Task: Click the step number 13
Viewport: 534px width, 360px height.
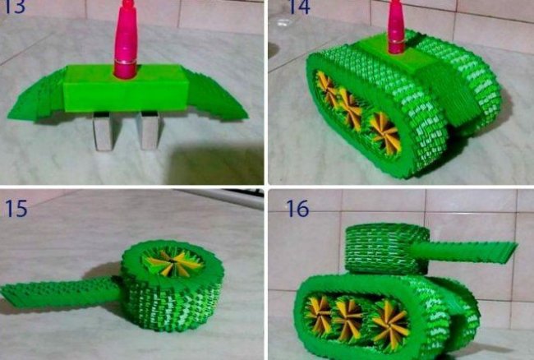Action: (x=15, y=6)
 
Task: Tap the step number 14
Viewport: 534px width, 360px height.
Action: (x=299, y=7)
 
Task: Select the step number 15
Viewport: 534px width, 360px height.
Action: (x=16, y=209)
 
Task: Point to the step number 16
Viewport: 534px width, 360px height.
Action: (x=297, y=209)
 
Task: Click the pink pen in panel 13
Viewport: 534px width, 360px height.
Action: (x=126, y=39)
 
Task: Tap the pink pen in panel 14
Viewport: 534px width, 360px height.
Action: (x=396, y=26)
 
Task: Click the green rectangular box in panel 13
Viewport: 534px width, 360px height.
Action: (x=126, y=89)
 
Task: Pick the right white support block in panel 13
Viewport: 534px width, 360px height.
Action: (x=149, y=131)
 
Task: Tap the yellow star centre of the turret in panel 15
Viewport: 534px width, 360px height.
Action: (x=174, y=262)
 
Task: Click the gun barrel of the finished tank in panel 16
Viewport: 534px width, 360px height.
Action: (x=464, y=252)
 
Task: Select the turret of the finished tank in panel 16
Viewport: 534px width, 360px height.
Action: (x=387, y=248)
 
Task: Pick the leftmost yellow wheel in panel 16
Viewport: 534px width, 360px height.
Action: (x=319, y=314)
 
